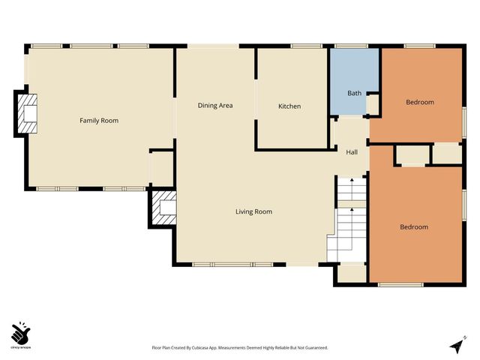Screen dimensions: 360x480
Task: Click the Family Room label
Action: (x=99, y=121)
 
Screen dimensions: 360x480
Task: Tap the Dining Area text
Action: (x=215, y=106)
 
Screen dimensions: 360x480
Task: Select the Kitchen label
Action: (x=289, y=106)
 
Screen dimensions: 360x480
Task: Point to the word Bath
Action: (x=354, y=94)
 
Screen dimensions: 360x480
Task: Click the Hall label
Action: (x=352, y=152)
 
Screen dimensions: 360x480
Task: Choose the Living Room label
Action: (x=253, y=211)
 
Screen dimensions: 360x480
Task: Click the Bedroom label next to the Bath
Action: (x=420, y=102)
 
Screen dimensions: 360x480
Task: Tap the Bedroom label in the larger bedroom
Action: (x=413, y=227)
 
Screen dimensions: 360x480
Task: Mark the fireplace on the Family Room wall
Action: (x=28, y=114)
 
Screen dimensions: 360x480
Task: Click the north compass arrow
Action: (x=455, y=346)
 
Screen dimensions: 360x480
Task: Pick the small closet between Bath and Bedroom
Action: (x=373, y=103)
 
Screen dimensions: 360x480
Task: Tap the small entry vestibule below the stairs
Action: (x=350, y=273)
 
